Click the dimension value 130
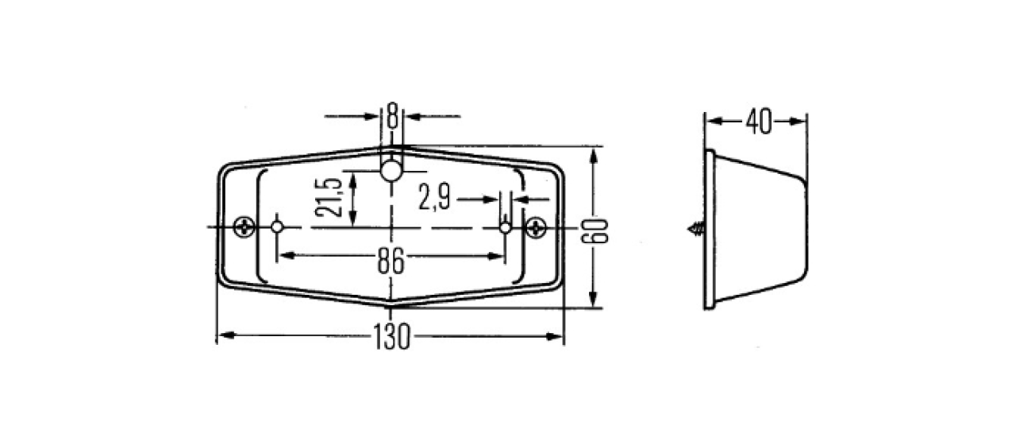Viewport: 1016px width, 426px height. coord(392,336)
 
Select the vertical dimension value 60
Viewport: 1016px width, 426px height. coord(595,230)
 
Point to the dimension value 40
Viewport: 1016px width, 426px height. coord(758,122)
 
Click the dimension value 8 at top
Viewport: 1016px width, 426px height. coord(392,115)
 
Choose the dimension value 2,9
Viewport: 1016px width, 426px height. coord(434,197)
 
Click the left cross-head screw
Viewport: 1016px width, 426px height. coord(244,227)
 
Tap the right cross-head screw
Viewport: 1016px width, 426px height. coord(536,227)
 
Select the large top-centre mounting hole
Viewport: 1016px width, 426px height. coord(391,171)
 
